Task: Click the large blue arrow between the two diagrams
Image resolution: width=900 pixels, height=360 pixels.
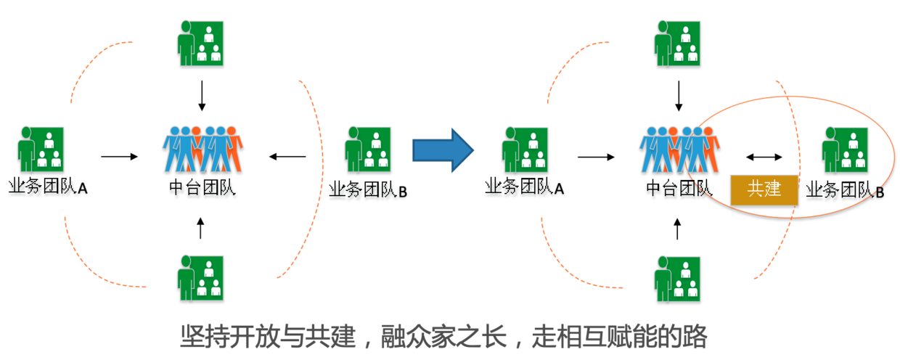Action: (442, 150)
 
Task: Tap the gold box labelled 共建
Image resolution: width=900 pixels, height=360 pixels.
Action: (764, 189)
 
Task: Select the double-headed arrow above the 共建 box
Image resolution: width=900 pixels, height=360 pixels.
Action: (764, 156)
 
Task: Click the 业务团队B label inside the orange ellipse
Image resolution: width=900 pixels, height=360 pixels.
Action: (845, 192)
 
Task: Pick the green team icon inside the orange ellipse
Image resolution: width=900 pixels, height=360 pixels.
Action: (845, 150)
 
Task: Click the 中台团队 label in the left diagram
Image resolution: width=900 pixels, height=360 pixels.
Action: (202, 188)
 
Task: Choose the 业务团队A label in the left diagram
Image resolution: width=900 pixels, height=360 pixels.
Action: (48, 188)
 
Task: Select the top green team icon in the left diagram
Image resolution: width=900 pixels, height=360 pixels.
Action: (201, 43)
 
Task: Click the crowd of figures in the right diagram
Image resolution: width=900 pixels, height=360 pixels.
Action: (679, 150)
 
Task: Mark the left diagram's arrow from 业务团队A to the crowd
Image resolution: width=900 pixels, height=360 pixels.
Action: (119, 156)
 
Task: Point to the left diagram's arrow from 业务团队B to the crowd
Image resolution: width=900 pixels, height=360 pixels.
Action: (287, 156)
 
